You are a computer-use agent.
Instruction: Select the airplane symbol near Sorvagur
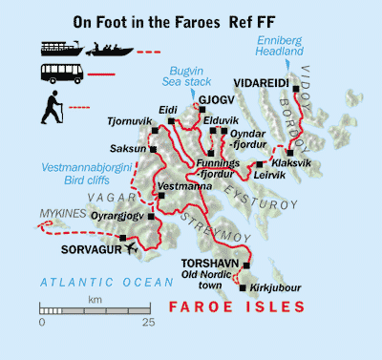tap(130, 248)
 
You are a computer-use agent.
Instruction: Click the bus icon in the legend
tap(62, 72)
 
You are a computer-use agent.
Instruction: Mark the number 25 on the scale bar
tap(148, 323)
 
